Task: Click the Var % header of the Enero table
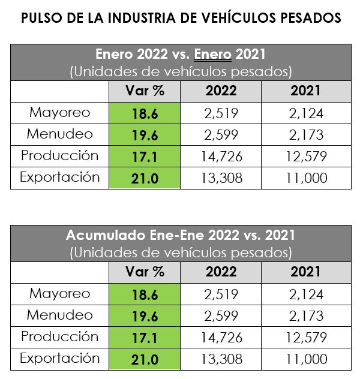point(145,91)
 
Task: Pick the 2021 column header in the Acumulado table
point(305,272)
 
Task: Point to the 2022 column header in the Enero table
point(221,91)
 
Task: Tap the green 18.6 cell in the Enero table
point(145,113)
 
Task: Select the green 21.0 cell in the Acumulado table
point(145,359)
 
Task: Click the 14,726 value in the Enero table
point(221,157)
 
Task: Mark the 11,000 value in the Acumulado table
point(305,359)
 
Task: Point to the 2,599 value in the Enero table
point(221,135)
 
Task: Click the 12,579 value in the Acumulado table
point(305,338)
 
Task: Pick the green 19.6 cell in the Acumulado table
point(145,315)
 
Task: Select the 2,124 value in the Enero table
point(305,113)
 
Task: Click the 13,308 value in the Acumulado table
point(221,359)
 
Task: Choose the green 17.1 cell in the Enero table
point(145,157)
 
